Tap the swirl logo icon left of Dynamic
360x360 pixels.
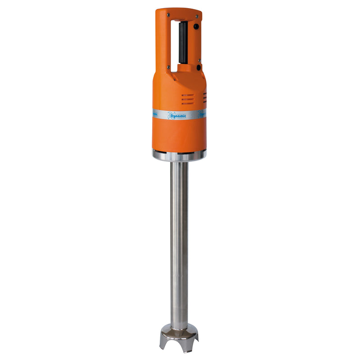coord(171,115)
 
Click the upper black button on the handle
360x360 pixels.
coord(196,27)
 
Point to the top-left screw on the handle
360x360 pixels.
coord(168,15)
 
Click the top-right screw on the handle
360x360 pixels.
coord(197,17)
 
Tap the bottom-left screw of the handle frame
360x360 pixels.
coord(168,68)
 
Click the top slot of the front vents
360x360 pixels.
coord(188,95)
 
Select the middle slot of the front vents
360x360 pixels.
coord(188,99)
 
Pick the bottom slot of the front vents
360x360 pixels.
coord(188,103)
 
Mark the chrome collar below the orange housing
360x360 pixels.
coord(179,155)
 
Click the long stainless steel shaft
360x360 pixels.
coord(179,238)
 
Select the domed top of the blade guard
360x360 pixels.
coord(179,328)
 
